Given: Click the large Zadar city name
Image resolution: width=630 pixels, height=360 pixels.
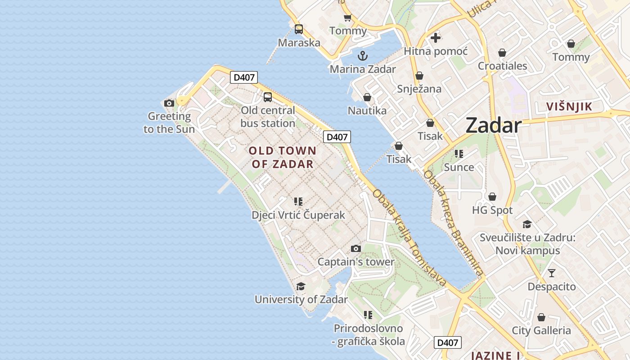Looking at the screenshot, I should [494, 125].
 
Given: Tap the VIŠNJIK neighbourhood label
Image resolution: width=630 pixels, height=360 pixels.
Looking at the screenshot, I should [569, 107].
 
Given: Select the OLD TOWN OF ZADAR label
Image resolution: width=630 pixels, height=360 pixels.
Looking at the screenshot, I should [283, 157].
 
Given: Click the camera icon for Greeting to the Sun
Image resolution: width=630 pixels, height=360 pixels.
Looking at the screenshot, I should [169, 103].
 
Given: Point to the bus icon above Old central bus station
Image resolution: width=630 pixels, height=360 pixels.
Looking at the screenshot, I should [268, 97].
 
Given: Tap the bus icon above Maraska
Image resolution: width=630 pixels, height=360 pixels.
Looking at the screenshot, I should [299, 30].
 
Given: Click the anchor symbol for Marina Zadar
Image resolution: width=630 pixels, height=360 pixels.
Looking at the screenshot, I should [363, 56].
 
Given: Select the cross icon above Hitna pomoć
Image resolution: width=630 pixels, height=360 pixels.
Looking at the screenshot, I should [436, 38].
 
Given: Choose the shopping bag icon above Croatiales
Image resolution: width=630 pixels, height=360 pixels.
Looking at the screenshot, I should [502, 53].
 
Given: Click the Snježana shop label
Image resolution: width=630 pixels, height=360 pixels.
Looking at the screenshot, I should [419, 89].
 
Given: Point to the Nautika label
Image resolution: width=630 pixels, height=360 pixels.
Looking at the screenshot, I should [367, 110].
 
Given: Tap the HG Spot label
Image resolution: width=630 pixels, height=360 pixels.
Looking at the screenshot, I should [492, 210].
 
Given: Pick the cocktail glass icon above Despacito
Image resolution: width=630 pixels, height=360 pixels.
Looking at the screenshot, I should [552, 273].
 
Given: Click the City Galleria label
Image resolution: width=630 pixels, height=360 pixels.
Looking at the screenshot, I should [541, 331].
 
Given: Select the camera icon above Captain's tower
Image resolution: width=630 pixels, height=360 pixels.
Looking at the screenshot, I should [356, 248].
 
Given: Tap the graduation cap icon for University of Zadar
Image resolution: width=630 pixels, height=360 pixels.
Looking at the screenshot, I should [301, 287].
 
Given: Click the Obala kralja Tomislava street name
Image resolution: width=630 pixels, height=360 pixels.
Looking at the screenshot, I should [409, 238].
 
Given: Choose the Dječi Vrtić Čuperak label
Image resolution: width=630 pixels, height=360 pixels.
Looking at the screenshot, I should [298, 215].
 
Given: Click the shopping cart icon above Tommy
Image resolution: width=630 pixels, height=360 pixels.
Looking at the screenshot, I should [347, 18].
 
